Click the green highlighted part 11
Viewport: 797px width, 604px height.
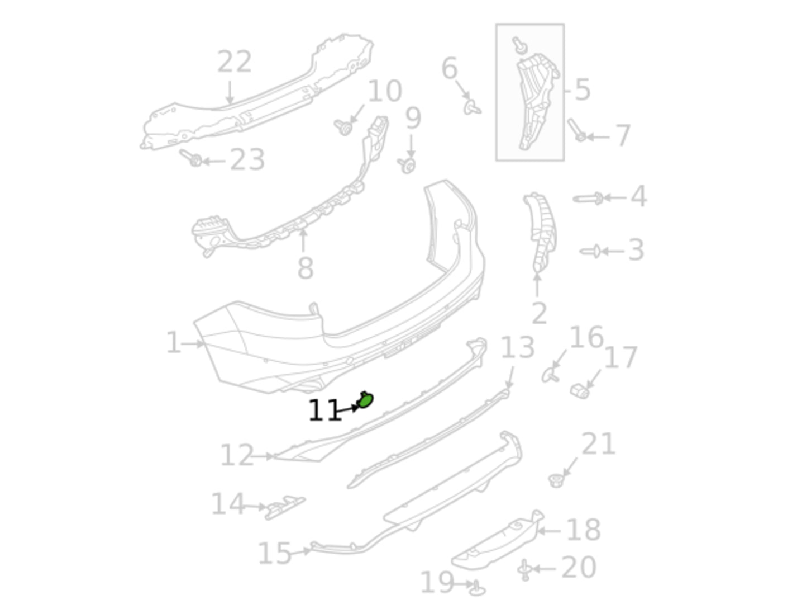pos(364,400)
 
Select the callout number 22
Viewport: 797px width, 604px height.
pos(234,62)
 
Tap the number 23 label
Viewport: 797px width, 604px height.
pos(247,159)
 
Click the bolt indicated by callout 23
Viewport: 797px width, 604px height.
pos(191,158)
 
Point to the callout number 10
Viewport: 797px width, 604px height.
pos(385,91)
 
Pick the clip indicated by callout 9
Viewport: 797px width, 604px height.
pos(407,166)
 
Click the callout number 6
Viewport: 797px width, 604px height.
pos(449,68)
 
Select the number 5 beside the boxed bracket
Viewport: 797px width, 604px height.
pos(583,90)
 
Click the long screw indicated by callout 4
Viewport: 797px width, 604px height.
pos(588,199)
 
